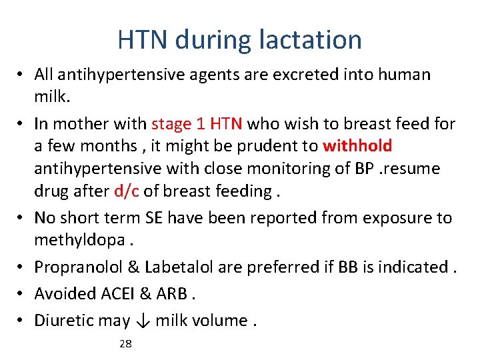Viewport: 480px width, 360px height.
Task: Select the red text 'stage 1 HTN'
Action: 199,124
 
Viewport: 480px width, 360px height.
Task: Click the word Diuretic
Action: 63,321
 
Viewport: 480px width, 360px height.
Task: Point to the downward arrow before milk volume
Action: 143,321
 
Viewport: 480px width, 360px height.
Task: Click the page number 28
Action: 125,344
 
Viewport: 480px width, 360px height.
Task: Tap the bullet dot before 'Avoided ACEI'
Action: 23,294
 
